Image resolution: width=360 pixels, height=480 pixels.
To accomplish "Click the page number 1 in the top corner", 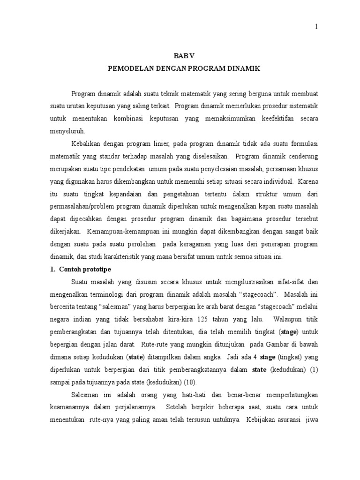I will (x=317, y=27).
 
